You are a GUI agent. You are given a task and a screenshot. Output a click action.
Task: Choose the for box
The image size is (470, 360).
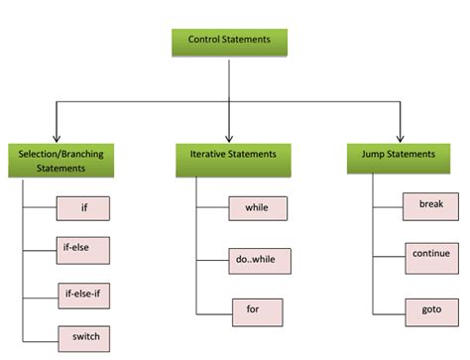point(256,309)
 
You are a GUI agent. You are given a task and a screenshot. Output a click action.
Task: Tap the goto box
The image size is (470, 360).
point(430,309)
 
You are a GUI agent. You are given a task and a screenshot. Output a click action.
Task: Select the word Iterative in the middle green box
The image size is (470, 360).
point(210,155)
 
